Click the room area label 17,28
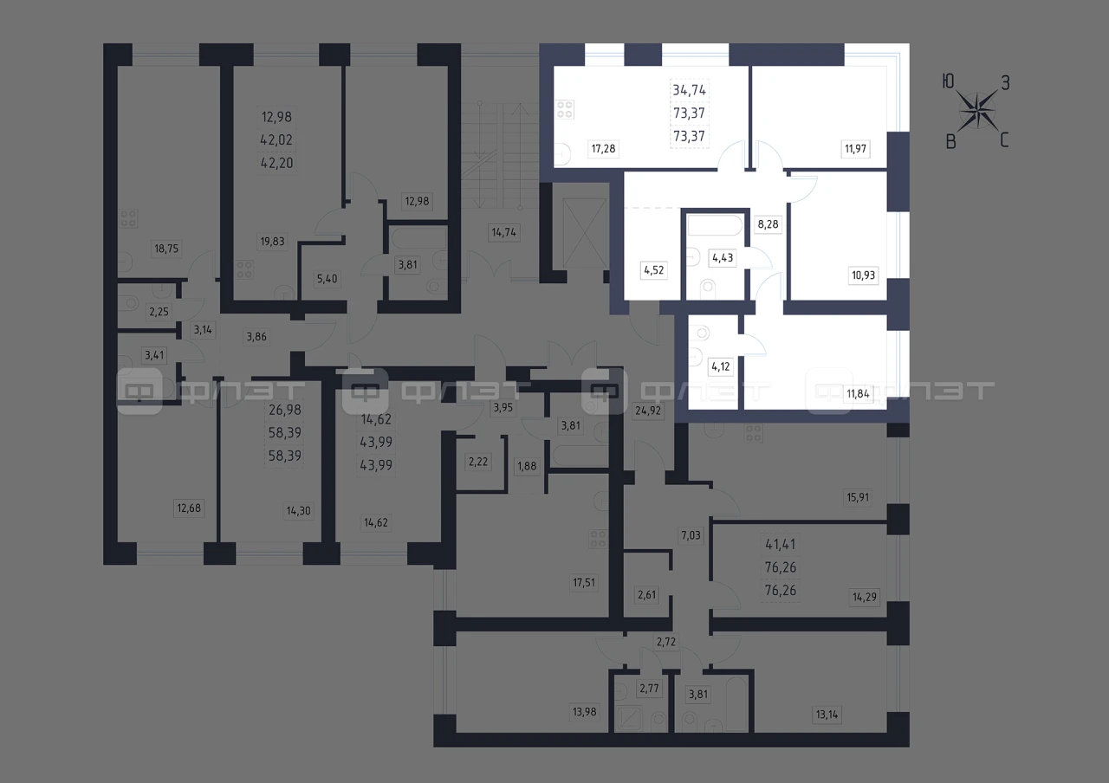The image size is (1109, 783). (x=603, y=148)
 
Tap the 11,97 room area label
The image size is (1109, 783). (x=855, y=148)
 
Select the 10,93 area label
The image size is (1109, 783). (x=863, y=275)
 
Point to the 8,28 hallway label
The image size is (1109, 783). (x=768, y=224)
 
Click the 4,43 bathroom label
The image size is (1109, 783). (x=723, y=258)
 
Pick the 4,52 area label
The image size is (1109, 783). (x=653, y=270)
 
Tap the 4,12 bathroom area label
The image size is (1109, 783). (x=720, y=366)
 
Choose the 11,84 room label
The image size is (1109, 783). (x=858, y=394)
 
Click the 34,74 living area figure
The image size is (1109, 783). (x=689, y=90)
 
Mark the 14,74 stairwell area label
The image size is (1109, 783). (x=503, y=232)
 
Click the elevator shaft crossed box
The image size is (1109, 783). (x=585, y=233)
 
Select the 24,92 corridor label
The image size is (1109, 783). (x=648, y=411)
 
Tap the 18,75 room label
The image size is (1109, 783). (x=165, y=249)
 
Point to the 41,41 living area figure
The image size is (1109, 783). (x=781, y=545)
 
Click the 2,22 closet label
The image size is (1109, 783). (x=477, y=462)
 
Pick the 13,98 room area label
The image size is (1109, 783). (x=584, y=712)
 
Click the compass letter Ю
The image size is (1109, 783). (x=948, y=81)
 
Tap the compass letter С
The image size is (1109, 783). (x=1004, y=140)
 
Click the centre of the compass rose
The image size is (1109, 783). (x=977, y=112)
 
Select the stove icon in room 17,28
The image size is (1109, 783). (x=564, y=109)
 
